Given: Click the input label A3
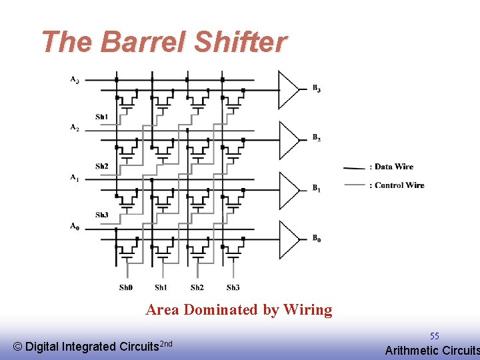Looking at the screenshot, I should (x=75, y=80).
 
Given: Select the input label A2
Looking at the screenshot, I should (x=75, y=127).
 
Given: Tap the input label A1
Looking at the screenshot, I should (x=75, y=177).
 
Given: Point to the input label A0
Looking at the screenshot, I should (x=75, y=227).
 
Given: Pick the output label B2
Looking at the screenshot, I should (x=317, y=138).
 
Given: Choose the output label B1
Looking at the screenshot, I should (x=317, y=189).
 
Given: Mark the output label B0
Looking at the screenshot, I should (x=317, y=239).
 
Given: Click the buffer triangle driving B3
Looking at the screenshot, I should (x=288, y=89).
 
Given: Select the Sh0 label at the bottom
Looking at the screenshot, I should (x=126, y=287).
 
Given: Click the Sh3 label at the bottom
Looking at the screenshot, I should (x=233, y=287).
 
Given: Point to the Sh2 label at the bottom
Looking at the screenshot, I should (x=197, y=287).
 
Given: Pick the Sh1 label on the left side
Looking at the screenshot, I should (x=101, y=117).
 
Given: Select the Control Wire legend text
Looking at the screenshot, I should (x=399, y=185).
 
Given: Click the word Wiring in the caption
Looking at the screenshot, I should (x=307, y=310).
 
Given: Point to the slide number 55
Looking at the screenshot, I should (x=434, y=337).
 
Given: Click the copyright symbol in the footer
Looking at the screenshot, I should (x=18, y=347).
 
